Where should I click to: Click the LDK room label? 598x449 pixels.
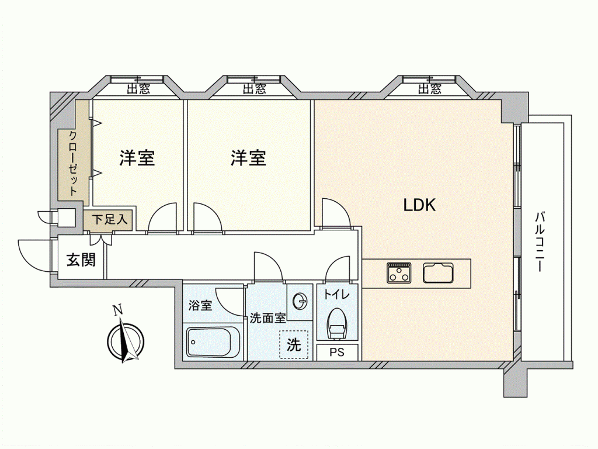[x=419, y=205]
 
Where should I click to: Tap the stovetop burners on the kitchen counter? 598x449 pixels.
[x=399, y=272]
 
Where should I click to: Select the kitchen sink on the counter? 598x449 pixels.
[x=438, y=272]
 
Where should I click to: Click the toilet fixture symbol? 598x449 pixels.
[x=336, y=324]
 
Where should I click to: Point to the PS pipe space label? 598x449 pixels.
[x=337, y=352]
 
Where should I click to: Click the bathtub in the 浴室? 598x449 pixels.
[x=213, y=341]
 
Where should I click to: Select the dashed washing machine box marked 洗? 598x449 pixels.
[x=294, y=344]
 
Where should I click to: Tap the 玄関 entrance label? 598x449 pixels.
[x=81, y=260]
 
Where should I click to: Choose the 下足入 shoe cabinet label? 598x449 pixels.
[x=109, y=220]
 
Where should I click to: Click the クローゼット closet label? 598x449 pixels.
[x=73, y=163]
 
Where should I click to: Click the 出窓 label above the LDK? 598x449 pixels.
[x=429, y=89]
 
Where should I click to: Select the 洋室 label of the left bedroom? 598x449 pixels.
[x=137, y=158]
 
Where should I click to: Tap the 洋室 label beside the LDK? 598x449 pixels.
[x=248, y=158]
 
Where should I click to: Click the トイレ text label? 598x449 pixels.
[x=336, y=295]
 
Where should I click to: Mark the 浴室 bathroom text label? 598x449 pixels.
[x=200, y=305]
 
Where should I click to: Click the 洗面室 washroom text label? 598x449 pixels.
[x=267, y=318]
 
